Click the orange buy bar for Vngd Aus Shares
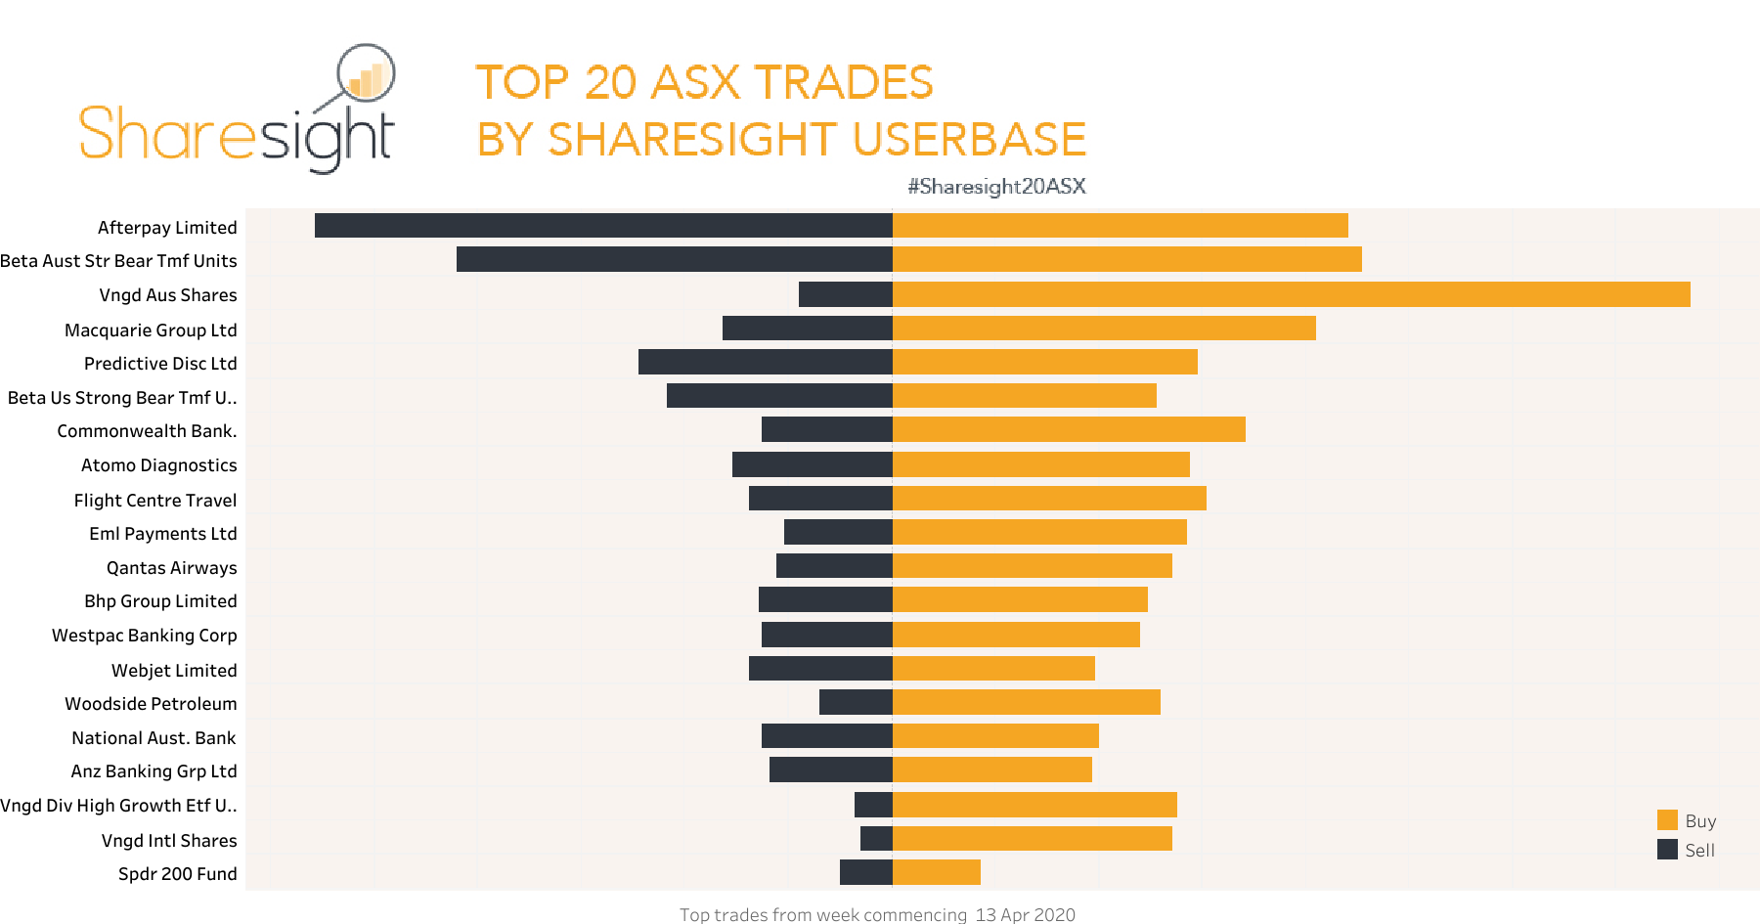(x=1291, y=294)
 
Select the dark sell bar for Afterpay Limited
(x=603, y=226)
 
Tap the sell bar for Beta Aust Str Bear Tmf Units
(x=675, y=259)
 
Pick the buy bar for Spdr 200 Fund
(x=936, y=872)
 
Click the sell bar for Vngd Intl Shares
(x=876, y=839)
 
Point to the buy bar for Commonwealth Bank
(x=1069, y=429)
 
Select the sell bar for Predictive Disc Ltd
(x=765, y=362)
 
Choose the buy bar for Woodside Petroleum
(x=1026, y=702)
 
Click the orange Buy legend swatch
(x=1667, y=820)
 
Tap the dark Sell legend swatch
(x=1667, y=850)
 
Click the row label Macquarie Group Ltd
(x=151, y=330)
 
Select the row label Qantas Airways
(x=171, y=568)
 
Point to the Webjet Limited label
(x=174, y=671)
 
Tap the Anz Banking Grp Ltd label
(x=154, y=771)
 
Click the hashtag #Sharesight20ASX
(x=996, y=187)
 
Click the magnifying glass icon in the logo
(x=366, y=74)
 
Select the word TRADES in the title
(x=843, y=82)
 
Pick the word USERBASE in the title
(x=969, y=140)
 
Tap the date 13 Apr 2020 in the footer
(x=1025, y=914)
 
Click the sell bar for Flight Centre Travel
(x=820, y=499)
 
